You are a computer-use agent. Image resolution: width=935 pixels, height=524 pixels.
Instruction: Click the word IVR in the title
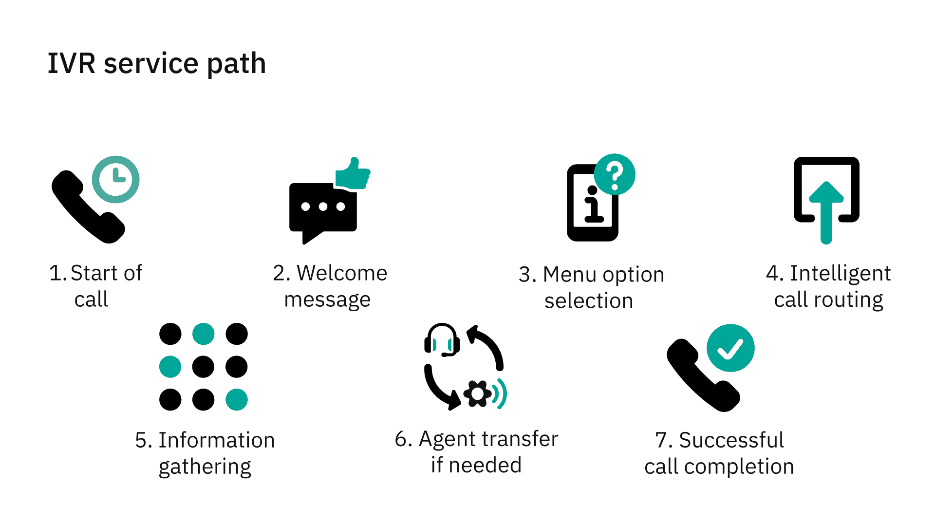[72, 63]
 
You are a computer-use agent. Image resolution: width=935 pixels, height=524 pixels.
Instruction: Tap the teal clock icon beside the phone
[116, 179]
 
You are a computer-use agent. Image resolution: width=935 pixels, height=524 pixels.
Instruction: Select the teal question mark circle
[615, 174]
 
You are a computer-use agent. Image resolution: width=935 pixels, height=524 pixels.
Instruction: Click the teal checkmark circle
[730, 348]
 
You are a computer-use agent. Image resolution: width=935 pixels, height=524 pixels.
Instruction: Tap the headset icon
[442, 340]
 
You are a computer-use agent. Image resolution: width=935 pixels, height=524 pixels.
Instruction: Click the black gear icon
[477, 393]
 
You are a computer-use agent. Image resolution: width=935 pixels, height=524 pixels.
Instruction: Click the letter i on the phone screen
[593, 205]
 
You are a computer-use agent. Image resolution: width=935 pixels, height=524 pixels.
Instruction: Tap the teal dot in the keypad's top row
[204, 334]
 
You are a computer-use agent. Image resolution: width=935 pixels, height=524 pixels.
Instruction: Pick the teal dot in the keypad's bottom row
[237, 400]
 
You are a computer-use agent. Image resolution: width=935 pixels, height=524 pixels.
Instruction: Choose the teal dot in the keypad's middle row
[170, 367]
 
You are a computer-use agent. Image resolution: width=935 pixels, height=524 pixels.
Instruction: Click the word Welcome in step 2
[342, 273]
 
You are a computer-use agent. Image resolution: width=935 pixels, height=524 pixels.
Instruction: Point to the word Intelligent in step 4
[840, 273]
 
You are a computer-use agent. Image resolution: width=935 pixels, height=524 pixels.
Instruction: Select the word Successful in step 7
[731, 440]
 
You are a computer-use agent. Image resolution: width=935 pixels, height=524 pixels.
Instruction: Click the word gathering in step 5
[205, 467]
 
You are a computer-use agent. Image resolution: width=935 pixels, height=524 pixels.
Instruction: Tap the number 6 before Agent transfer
[401, 439]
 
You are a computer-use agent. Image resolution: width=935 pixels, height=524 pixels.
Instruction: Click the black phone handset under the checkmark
[701, 377]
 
